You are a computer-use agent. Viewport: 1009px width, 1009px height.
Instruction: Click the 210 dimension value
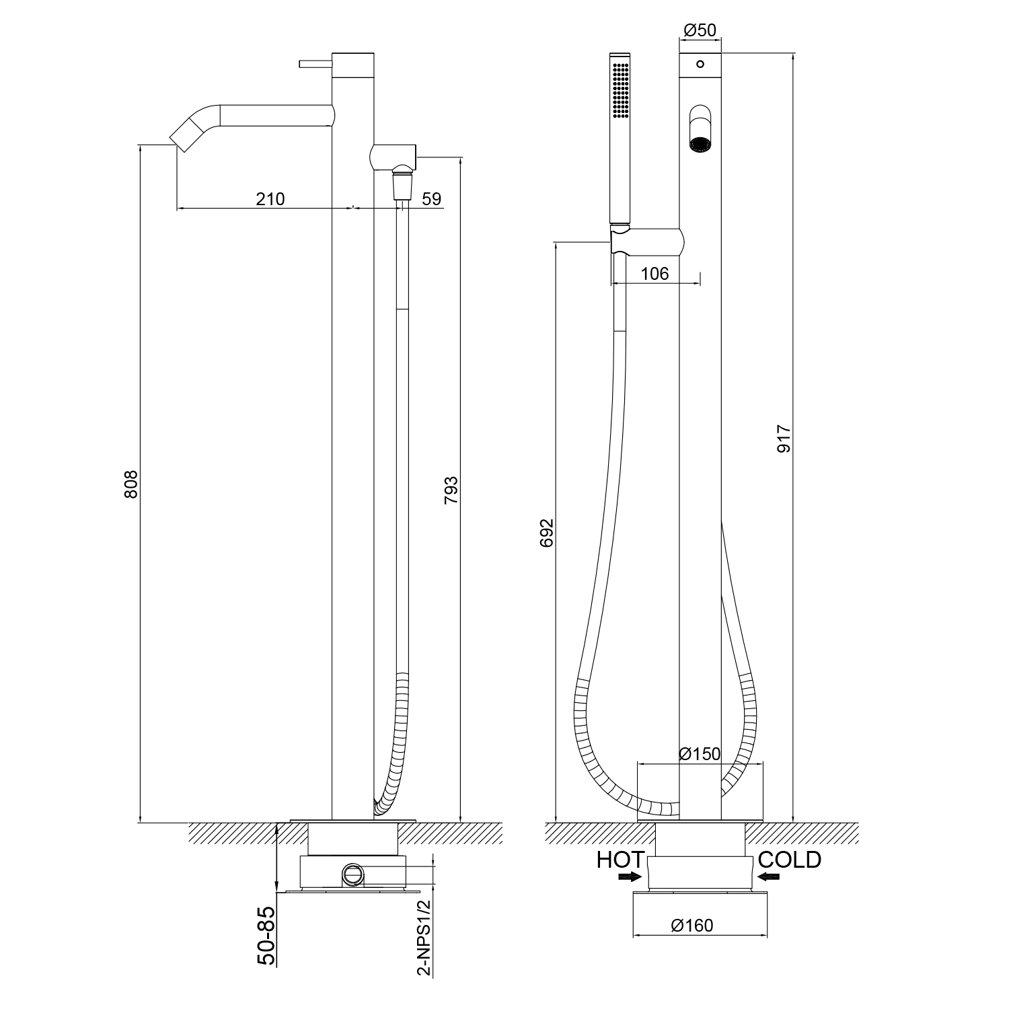[x=270, y=199]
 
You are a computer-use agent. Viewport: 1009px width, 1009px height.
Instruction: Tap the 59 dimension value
[x=431, y=199]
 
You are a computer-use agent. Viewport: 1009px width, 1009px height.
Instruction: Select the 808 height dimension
[x=132, y=484]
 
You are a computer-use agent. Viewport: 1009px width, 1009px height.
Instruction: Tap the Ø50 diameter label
[x=700, y=30]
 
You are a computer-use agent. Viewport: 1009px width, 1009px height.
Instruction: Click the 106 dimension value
[x=655, y=273]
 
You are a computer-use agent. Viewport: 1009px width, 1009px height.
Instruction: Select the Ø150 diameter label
[x=700, y=753]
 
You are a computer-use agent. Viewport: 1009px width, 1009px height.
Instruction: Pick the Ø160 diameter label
[x=692, y=926]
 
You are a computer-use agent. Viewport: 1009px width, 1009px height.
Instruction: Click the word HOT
[x=620, y=860]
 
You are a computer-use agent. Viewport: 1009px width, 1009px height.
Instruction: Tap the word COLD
[x=789, y=860]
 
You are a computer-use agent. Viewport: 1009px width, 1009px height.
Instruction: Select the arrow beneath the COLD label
[x=768, y=876]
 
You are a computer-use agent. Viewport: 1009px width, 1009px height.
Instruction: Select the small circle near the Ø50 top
[x=700, y=64]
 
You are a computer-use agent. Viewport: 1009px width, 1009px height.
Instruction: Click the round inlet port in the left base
[x=352, y=874]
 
